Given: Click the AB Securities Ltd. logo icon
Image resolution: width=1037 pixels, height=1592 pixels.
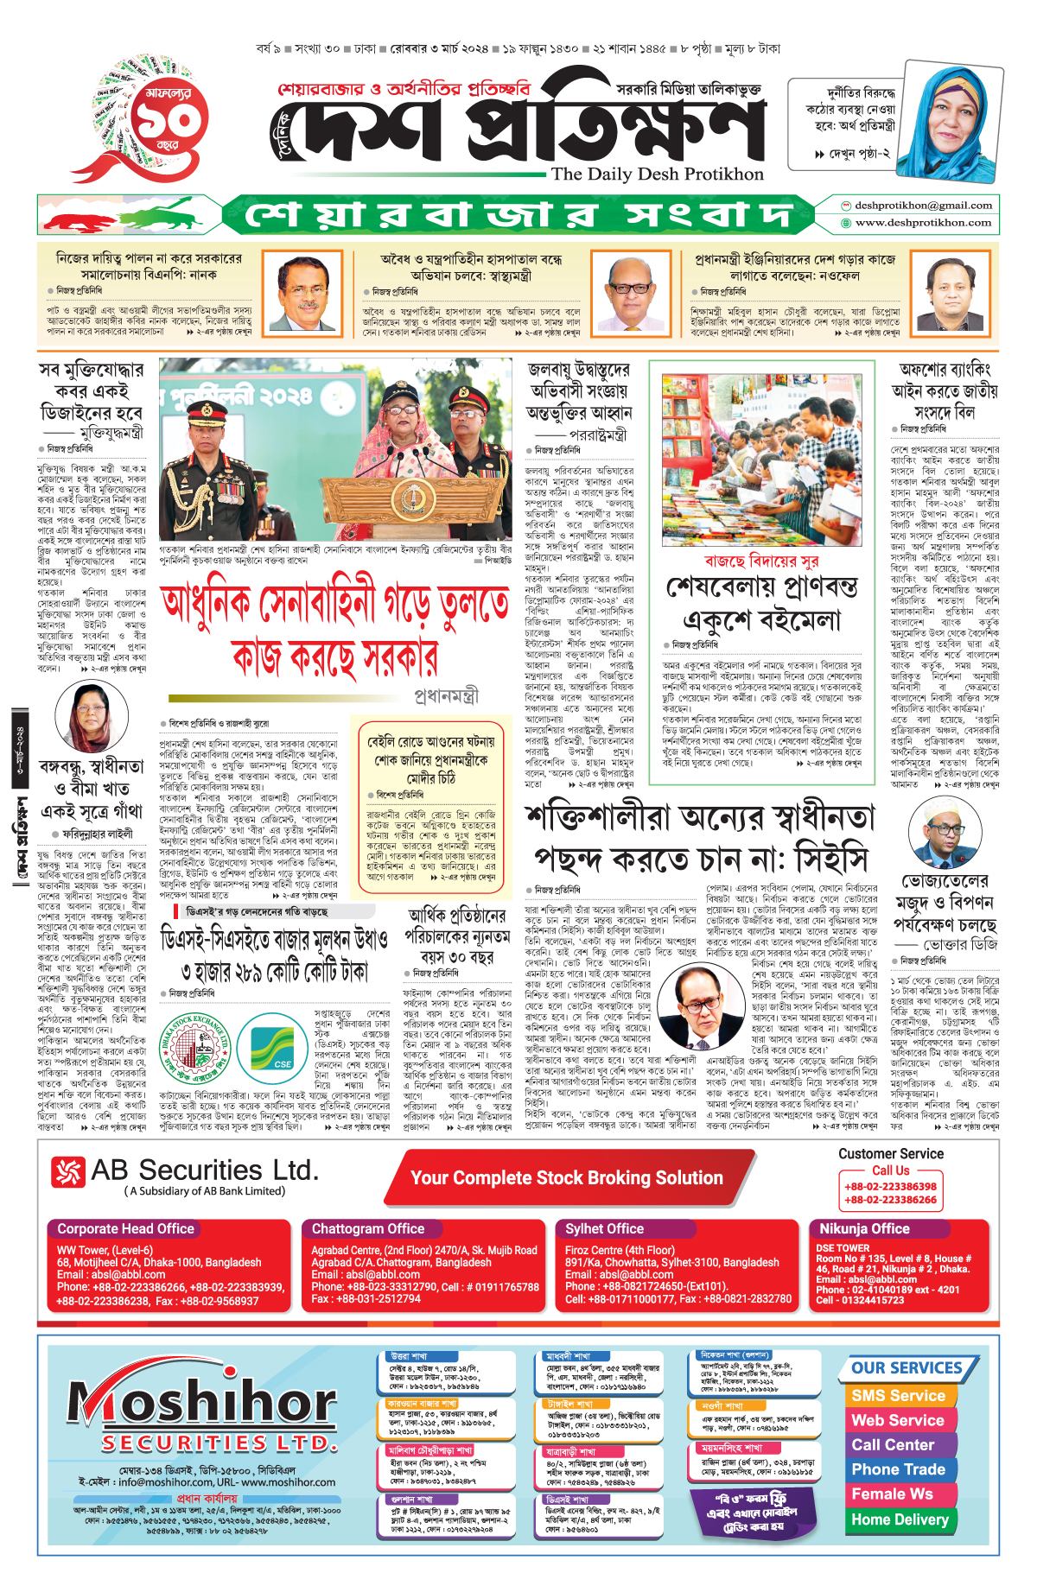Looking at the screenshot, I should [68, 1172].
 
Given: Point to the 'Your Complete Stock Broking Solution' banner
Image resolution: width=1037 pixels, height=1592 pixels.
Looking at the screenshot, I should [566, 1178].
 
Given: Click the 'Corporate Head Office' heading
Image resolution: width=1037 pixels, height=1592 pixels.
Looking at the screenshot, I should [125, 1228].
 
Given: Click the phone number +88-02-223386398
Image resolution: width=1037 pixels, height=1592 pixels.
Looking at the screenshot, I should [890, 1187].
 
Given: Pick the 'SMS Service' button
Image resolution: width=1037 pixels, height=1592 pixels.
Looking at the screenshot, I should [898, 1396].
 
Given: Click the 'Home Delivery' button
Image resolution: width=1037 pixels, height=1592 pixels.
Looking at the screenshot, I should [900, 1519].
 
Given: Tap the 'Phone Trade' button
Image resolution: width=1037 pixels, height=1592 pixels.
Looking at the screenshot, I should [898, 1469].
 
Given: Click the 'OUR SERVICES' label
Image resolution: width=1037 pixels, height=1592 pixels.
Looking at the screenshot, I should [907, 1368].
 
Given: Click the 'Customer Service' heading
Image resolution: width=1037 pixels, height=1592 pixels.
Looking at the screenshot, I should [890, 1154].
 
